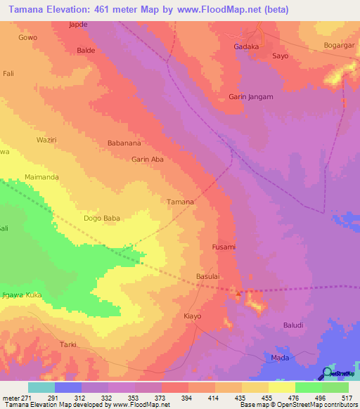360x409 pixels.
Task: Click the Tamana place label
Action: tap(180, 202)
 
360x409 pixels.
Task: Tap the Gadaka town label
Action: tap(246, 47)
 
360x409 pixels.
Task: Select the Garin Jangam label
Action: tap(251, 97)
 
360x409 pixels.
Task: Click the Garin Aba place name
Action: tap(148, 160)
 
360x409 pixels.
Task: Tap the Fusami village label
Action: tap(224, 247)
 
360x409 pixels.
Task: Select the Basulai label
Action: tap(209, 276)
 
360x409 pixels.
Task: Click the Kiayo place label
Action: tap(192, 316)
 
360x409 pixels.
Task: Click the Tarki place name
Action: tap(67, 344)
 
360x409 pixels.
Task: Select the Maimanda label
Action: tap(41, 177)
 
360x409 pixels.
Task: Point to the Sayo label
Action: tap(281, 56)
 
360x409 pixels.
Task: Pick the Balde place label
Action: tap(86, 51)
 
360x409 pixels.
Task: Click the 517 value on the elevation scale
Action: tap(347, 398)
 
